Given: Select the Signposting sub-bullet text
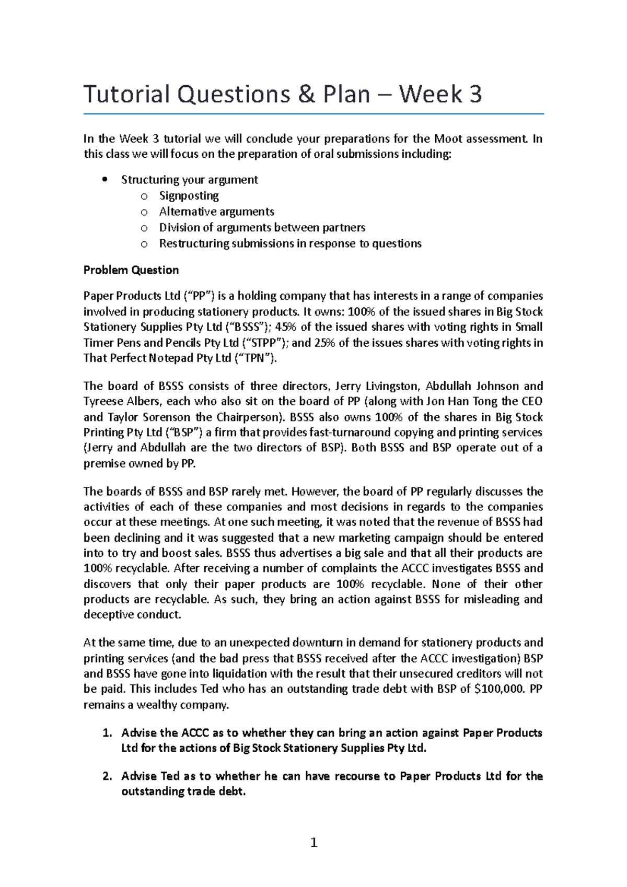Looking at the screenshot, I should click(189, 196).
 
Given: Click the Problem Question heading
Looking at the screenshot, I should click(131, 270).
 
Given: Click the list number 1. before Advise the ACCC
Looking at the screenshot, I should click(108, 733).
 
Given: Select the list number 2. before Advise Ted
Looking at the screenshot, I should click(108, 776).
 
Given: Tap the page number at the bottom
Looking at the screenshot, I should click(313, 842).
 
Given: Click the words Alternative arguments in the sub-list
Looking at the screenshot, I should click(216, 212).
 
